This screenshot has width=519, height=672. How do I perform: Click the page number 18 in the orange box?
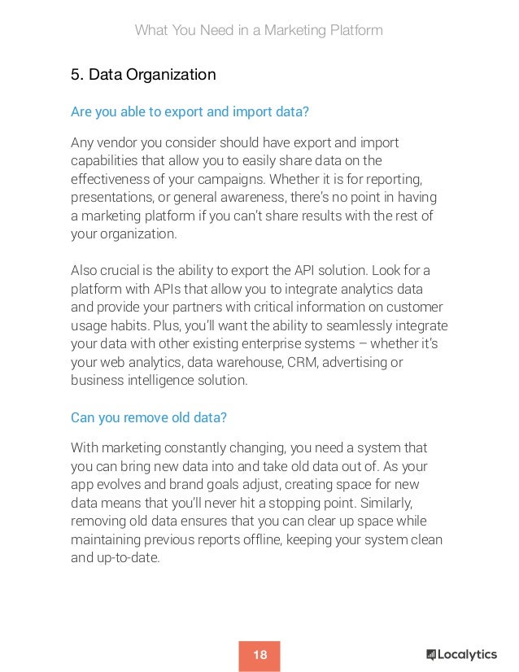coord(259,655)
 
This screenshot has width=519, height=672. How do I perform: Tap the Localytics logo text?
coord(467,655)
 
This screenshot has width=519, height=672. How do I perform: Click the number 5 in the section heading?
coord(75,76)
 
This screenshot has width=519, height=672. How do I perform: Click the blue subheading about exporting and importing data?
coord(190,111)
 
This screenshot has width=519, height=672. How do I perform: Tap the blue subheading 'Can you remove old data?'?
coord(149,417)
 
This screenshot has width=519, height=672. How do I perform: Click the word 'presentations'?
coord(110,197)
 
